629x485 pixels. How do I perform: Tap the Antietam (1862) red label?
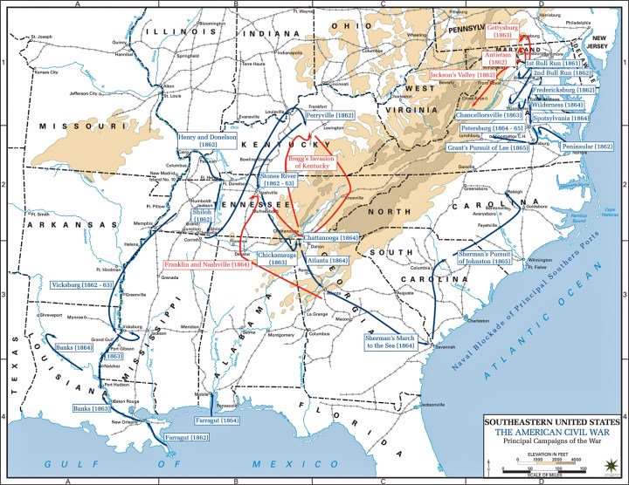501,58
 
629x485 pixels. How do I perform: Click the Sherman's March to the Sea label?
391,341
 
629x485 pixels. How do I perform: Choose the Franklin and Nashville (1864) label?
204,263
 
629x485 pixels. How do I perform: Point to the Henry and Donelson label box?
206,141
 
